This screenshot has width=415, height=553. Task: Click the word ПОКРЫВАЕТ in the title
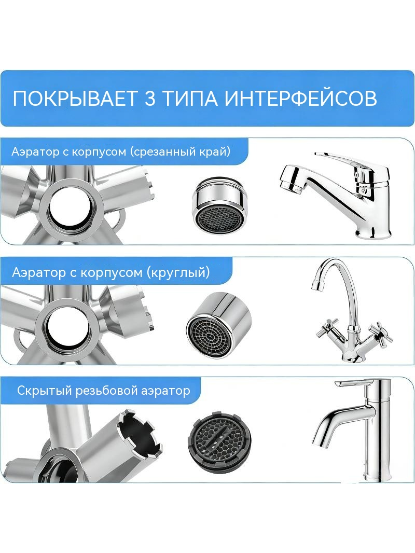(x=75, y=99)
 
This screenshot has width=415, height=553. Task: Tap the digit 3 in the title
(x=150, y=99)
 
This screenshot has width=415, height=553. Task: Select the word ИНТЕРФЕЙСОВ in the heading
(x=301, y=99)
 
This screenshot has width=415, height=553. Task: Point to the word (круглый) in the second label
(x=178, y=272)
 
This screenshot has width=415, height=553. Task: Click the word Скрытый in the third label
(x=45, y=391)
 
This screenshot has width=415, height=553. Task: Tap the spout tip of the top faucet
(x=290, y=184)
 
